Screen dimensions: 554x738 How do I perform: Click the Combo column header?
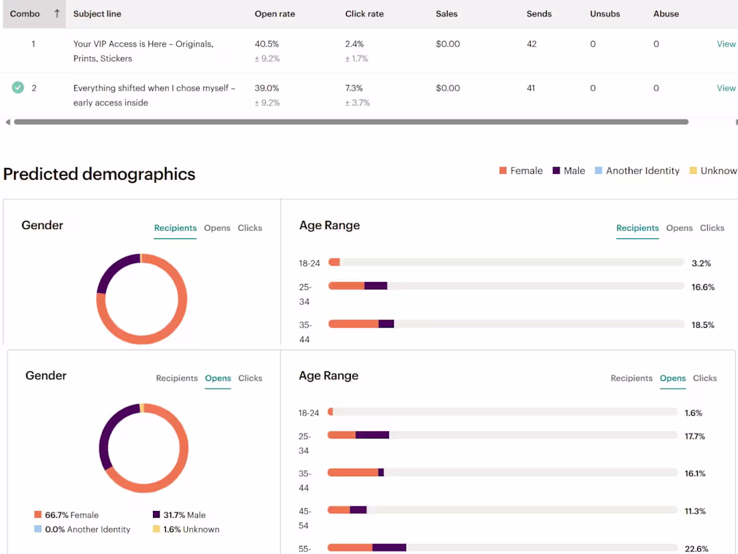25,13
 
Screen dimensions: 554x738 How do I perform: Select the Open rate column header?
274,13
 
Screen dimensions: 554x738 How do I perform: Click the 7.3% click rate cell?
354,88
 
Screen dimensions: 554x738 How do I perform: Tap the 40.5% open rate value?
266,44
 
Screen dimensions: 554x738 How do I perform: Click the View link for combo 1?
726,44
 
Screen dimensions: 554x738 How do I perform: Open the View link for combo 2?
726,88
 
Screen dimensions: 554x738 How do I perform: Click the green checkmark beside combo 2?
18,87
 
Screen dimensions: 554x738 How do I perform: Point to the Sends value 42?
531,44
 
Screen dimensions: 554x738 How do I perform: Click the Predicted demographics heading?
99,174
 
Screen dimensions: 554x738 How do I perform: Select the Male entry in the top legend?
574,171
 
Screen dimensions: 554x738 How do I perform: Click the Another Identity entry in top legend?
642,171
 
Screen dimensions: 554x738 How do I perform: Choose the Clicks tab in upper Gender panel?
250,228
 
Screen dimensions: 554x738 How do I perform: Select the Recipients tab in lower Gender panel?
176,378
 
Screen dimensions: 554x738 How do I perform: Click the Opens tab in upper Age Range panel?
679,228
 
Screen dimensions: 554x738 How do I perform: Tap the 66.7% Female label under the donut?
71,515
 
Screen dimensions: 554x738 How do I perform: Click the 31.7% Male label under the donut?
184,515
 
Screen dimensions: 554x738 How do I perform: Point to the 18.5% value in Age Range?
702,325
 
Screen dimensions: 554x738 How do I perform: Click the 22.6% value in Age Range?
696,549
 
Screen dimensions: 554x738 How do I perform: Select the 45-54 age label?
304,518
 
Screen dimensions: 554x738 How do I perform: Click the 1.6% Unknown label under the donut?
191,529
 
